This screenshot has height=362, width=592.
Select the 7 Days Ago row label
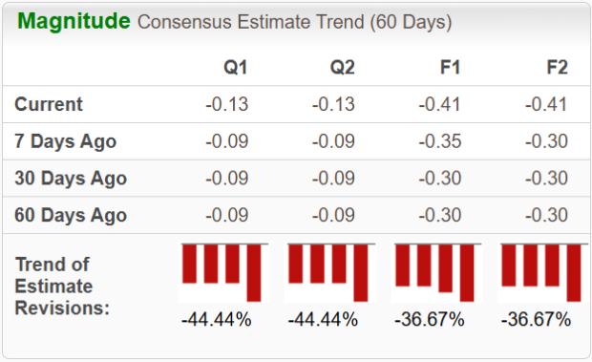[66, 141]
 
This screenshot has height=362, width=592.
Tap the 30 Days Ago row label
[71, 178]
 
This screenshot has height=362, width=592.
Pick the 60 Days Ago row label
[71, 214]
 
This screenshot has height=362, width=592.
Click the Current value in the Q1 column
[227, 104]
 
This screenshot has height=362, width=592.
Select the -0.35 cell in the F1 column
[440, 141]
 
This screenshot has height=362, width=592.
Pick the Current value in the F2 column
[546, 104]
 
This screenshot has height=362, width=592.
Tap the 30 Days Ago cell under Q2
[333, 178]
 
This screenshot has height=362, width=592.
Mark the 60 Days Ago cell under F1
[440, 214]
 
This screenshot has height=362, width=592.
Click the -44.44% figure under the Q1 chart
[216, 319]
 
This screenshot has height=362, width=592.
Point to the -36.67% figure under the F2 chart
[536, 319]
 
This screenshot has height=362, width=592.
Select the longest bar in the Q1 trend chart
[253, 272]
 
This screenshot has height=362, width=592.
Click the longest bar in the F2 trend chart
[573, 272]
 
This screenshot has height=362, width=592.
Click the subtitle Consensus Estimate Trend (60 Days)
[295, 22]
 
